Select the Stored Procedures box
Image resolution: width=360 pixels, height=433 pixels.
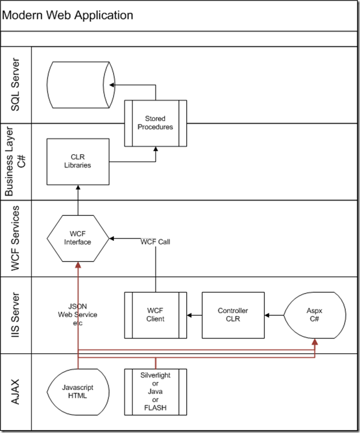click(x=155, y=123)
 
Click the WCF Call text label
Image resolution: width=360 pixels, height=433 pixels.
click(x=155, y=241)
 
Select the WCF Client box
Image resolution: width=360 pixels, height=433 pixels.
click(x=155, y=315)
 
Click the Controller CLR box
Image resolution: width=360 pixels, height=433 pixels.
click(x=232, y=315)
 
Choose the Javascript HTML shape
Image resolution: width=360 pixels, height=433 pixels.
click(x=78, y=391)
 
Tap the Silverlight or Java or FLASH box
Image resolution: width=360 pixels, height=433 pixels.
click(x=155, y=391)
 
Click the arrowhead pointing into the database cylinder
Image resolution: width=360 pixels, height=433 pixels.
click(x=111, y=85)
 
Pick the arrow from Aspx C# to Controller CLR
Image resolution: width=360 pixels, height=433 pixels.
click(x=275, y=315)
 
